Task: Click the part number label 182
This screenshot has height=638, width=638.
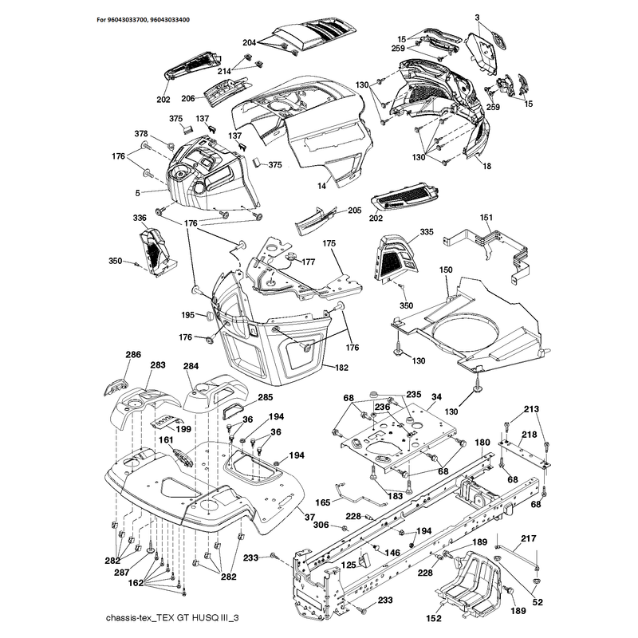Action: [x=342, y=368]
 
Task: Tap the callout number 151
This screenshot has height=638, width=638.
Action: [x=486, y=218]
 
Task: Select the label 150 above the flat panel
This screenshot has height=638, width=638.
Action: [x=446, y=270]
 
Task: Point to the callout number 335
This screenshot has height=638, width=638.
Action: [x=427, y=232]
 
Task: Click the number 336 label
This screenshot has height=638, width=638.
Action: [x=140, y=218]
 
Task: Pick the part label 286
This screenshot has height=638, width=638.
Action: [x=133, y=354]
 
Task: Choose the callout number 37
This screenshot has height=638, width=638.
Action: [x=310, y=517]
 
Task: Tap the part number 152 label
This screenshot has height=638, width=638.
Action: [x=434, y=618]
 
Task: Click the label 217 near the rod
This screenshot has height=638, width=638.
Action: [x=529, y=538]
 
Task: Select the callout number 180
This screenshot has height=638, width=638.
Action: [x=482, y=443]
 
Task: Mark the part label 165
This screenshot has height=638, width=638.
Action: [x=323, y=502]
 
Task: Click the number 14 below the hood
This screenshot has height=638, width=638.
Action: [x=322, y=186]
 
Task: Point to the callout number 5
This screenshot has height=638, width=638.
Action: [x=137, y=193]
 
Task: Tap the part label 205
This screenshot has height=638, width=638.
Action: [x=354, y=211]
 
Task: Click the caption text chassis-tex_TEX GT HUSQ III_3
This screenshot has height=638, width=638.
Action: [x=172, y=618]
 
